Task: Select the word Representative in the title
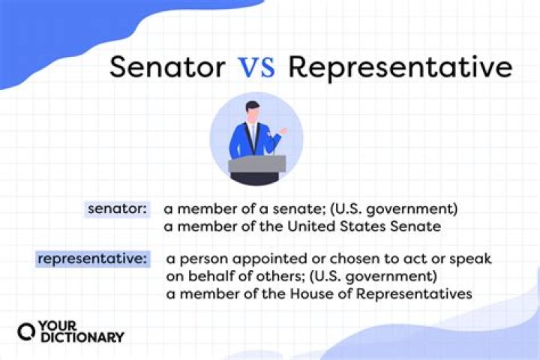click(x=400, y=67)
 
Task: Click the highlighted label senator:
click(x=118, y=210)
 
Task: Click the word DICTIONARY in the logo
click(x=83, y=337)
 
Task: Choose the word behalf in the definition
click(x=211, y=277)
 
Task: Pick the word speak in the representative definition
click(x=470, y=260)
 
